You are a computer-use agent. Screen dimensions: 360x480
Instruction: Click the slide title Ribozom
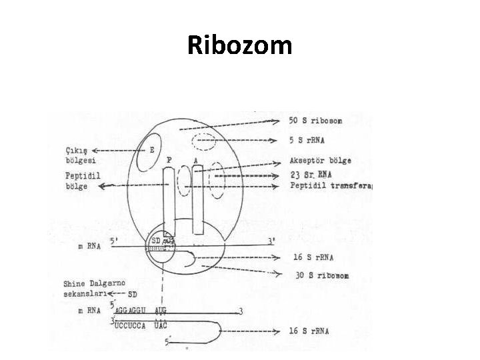[x=239, y=45]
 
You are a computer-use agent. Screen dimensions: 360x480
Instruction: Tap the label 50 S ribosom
[x=317, y=121]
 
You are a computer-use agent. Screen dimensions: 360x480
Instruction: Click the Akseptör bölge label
[x=321, y=161]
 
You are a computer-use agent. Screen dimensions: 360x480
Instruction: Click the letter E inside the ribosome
[x=152, y=151]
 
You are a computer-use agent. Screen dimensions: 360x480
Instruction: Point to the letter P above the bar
[x=169, y=160]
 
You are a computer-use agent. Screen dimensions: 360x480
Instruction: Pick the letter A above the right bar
[x=195, y=160]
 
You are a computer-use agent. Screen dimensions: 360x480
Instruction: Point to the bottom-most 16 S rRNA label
[x=313, y=331]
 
